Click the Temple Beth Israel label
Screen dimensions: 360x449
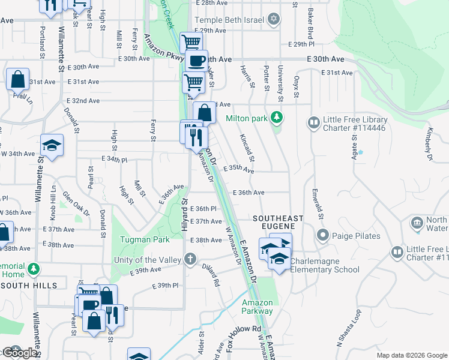tap(230, 20)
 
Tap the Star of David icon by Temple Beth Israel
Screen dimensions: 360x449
tap(274, 20)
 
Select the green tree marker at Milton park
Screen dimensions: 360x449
tap(277, 116)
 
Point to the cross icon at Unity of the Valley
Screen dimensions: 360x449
tap(190, 259)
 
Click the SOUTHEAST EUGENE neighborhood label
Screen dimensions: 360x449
tap(278, 222)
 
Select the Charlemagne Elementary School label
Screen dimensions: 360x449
tap(325, 266)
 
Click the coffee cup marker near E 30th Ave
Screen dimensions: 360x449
tap(196, 61)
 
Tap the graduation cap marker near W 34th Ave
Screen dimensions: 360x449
tap(52, 145)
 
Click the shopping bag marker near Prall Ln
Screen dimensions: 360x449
tap(17, 79)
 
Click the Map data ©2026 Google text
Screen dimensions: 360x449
tap(411, 355)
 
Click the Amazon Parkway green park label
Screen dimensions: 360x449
tap(257, 307)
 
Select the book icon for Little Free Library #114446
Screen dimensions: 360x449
tap(313, 124)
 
